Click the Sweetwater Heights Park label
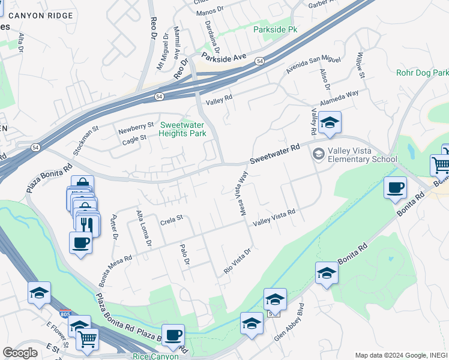pyautogui.click(x=182, y=129)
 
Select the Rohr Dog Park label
pyautogui.click(x=422, y=73)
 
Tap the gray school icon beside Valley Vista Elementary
pyautogui.click(x=318, y=154)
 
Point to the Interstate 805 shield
pyautogui.click(x=65, y=314)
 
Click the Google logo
pyautogui.click(x=20, y=352)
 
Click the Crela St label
pyautogui.click(x=171, y=221)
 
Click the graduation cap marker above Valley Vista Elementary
pyautogui.click(x=330, y=124)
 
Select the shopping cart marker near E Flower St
pyautogui.click(x=87, y=340)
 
